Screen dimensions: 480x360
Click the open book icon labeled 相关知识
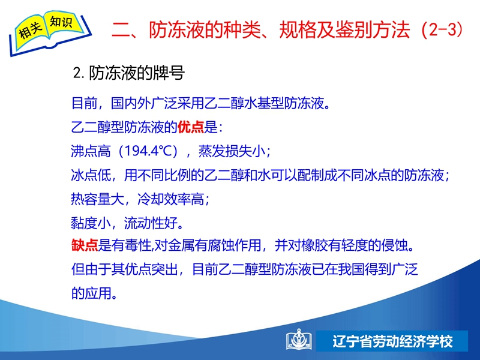pos(50,33)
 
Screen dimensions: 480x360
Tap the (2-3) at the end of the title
pos(442,29)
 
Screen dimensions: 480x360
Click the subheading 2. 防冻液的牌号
pos(129,73)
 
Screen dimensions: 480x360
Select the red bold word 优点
pos(190,127)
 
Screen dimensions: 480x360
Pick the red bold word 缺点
pos(85,245)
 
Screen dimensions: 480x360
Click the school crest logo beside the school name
pos(298,340)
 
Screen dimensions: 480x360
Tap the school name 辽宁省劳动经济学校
pos(392,341)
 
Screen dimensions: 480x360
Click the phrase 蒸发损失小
pos(232,151)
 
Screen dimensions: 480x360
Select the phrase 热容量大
pos(98,199)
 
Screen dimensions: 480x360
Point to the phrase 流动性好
pos(151,223)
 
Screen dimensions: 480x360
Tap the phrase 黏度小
pos(91,223)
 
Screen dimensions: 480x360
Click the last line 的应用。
pos(94,293)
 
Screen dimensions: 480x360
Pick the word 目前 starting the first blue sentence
pos(85,103)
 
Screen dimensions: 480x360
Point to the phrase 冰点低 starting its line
pos(91,175)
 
